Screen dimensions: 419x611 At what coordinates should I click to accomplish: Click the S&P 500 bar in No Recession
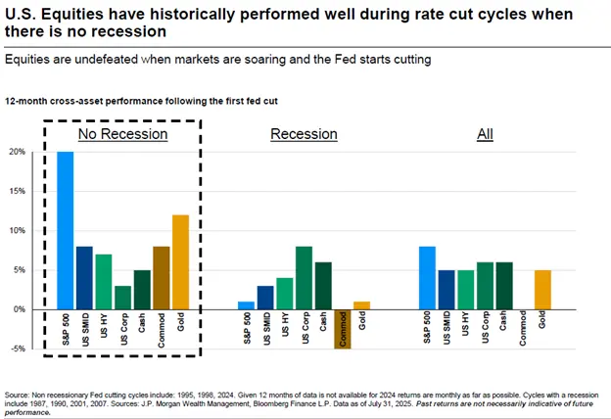click(66, 230)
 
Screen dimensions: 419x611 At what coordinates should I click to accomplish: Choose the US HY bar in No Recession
click(104, 281)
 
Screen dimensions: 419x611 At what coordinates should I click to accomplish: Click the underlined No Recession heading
click(123, 134)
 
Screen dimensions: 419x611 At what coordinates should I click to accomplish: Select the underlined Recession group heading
click(304, 134)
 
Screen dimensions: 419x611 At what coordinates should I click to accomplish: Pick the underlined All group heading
click(485, 134)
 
